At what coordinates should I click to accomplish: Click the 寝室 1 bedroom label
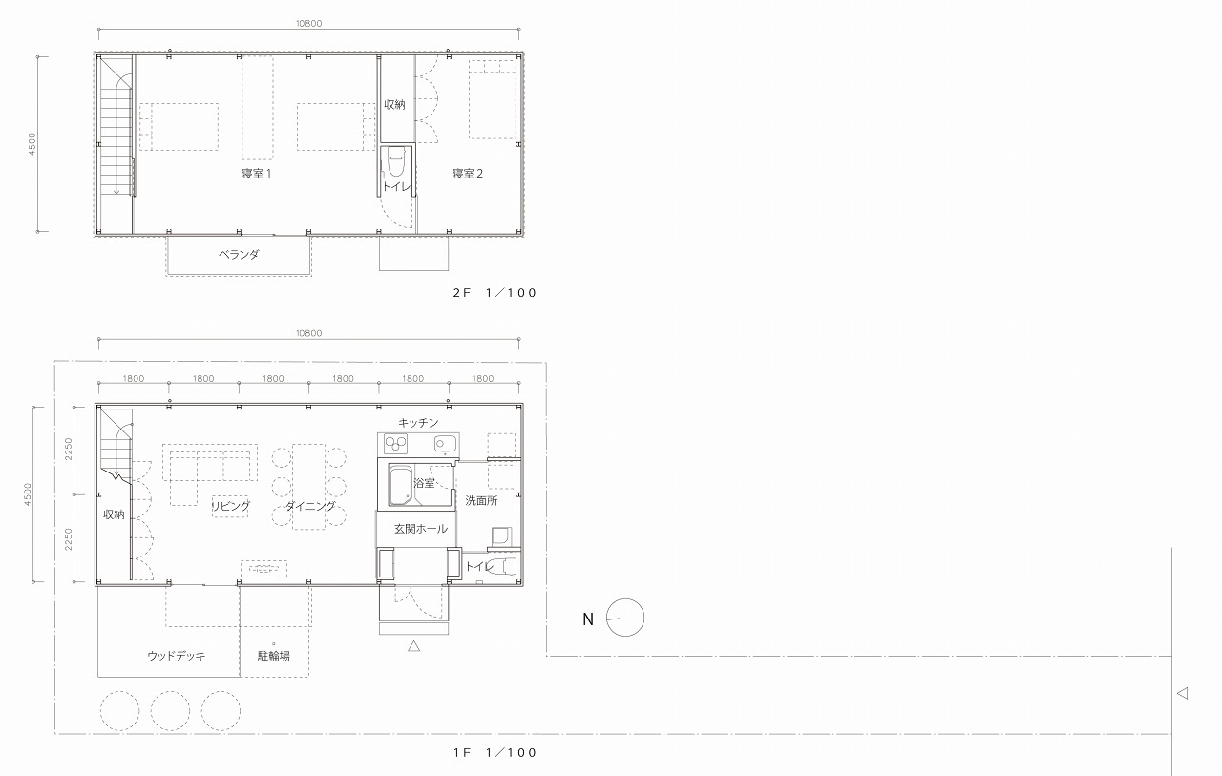click(x=257, y=174)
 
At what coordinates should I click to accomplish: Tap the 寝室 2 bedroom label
click(x=468, y=174)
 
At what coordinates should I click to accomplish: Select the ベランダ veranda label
click(x=239, y=254)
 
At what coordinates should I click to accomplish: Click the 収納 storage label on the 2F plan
click(x=394, y=104)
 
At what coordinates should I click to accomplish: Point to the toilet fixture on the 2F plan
click(x=395, y=160)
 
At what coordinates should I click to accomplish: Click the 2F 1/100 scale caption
click(x=495, y=293)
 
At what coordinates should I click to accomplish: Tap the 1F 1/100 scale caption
click(x=495, y=752)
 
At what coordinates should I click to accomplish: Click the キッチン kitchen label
click(x=418, y=423)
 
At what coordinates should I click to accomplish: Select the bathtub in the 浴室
click(x=401, y=485)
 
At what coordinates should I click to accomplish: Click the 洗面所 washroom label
click(x=481, y=500)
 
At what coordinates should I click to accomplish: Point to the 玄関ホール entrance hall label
click(x=421, y=529)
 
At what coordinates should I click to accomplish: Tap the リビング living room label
click(x=231, y=506)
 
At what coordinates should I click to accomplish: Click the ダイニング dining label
click(x=310, y=506)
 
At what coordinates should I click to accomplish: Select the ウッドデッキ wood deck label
click(x=177, y=656)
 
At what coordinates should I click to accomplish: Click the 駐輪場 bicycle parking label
click(x=273, y=656)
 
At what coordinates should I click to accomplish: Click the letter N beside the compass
click(x=587, y=619)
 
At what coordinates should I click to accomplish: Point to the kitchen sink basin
click(x=445, y=444)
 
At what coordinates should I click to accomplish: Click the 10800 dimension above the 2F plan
click(x=308, y=24)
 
